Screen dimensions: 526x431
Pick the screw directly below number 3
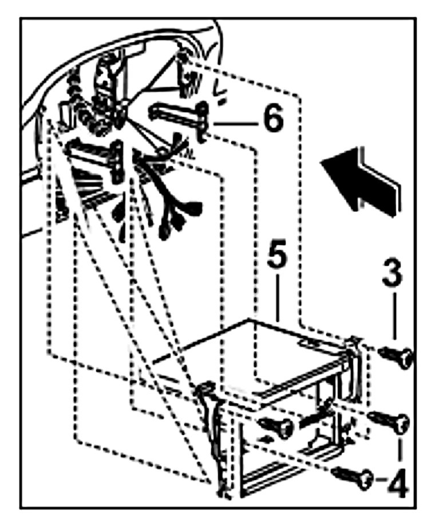(x=398, y=356)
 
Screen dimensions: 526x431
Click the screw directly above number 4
(x=391, y=422)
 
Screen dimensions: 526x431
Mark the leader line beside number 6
(x=232, y=122)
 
